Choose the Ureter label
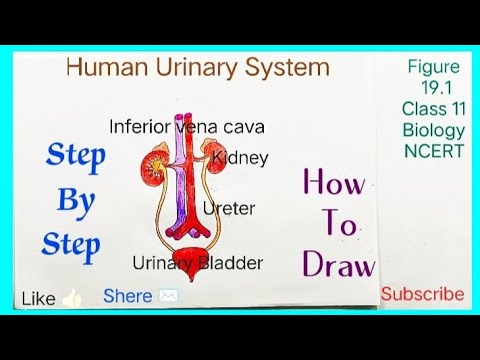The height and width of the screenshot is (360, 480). click(x=229, y=209)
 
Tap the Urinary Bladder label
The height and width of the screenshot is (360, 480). click(x=198, y=263)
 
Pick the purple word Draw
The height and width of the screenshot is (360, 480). click(x=340, y=264)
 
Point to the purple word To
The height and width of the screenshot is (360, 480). click(x=341, y=225)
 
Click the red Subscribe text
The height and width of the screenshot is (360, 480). click(x=422, y=294)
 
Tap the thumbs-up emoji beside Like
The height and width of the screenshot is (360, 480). click(x=71, y=297)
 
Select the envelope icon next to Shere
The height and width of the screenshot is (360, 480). click(x=167, y=296)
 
